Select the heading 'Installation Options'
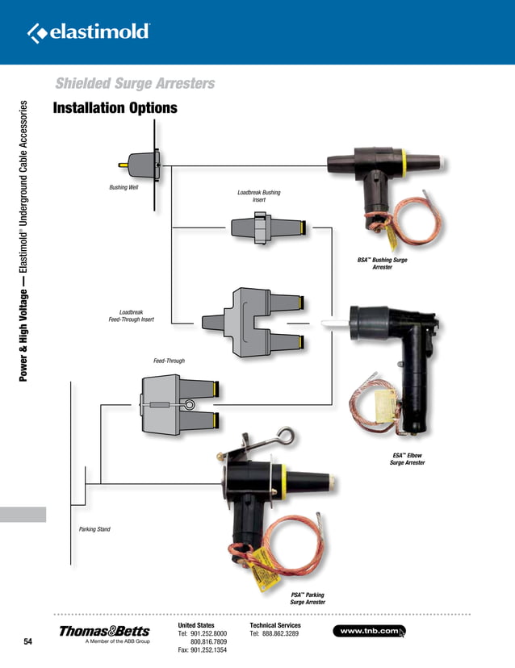115,109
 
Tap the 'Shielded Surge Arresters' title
134,84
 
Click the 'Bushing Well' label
124,188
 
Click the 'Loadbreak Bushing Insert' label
258,196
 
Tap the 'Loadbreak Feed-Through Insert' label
131,315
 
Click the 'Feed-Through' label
169,361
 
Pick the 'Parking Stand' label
94,529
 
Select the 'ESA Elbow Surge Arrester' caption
407,459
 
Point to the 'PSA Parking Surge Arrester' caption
308,598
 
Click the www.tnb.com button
369,630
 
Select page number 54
28,642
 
